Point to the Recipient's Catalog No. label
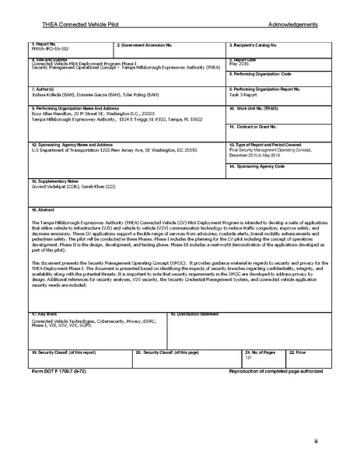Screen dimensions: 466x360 [254, 45]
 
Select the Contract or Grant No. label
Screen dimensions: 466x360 [256, 126]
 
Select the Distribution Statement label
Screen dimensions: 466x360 [194, 314]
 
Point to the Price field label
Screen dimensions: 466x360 [298, 352]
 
